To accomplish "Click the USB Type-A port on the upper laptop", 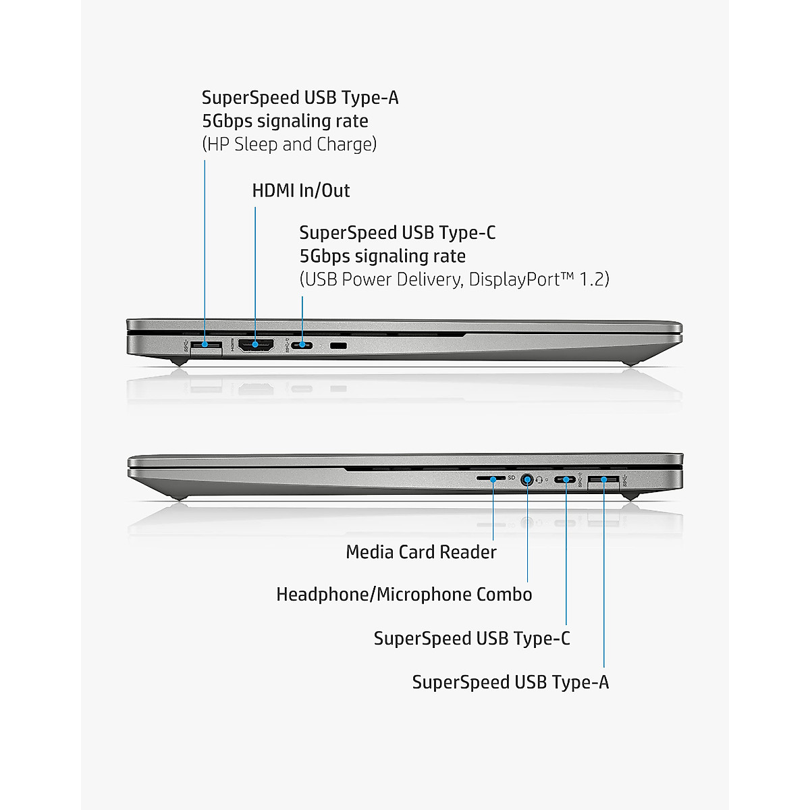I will point(206,346).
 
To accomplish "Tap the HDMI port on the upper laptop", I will point(255,346).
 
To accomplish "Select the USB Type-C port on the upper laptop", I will point(302,346).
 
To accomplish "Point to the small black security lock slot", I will point(338,346).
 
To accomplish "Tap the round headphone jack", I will point(527,479).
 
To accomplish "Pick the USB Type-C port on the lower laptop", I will point(566,480).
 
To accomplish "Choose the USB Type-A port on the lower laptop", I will point(603,480).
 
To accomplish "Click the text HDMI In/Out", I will point(301,190).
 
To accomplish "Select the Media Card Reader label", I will point(421,552).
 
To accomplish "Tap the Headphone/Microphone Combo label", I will point(404,595).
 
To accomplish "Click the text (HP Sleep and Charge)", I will point(289,144).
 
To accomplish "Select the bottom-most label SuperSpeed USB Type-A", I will point(510,682).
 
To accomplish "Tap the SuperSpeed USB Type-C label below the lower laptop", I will point(472,639).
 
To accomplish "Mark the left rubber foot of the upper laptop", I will point(178,362).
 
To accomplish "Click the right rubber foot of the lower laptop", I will point(630,496).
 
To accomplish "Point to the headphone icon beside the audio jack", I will point(539,480).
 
